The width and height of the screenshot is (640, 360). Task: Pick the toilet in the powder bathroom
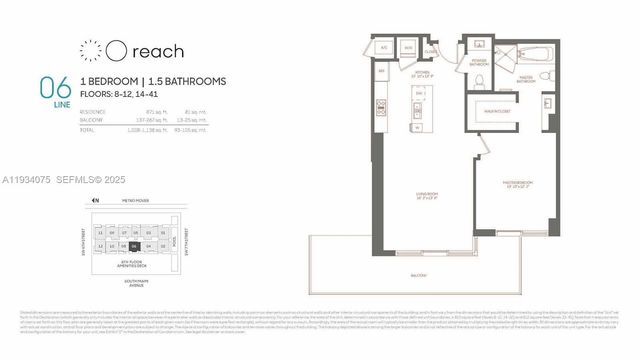[479, 82]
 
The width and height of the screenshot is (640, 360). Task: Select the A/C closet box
[382, 48]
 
